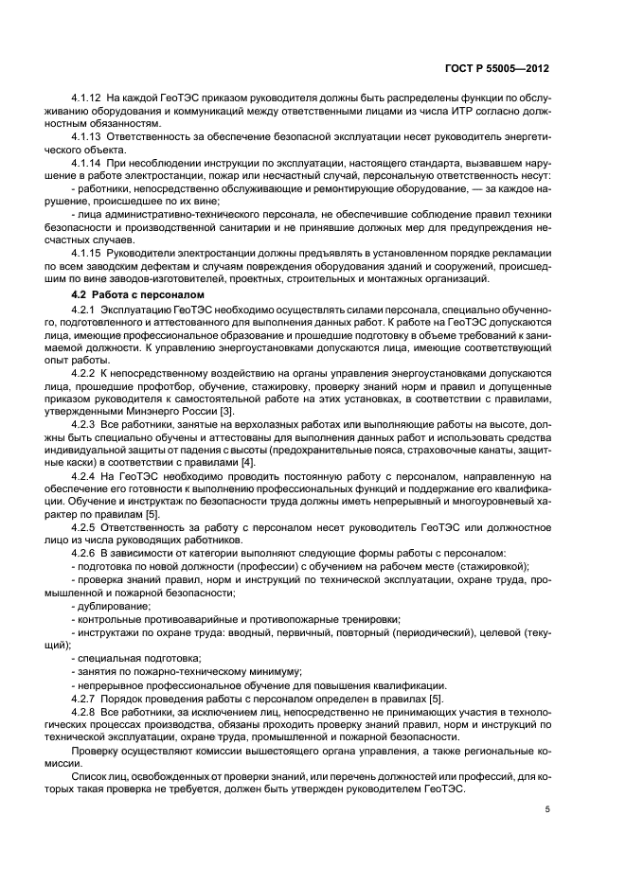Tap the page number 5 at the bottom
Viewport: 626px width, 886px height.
coord(547,810)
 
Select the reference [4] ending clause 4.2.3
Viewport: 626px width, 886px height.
coord(247,462)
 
